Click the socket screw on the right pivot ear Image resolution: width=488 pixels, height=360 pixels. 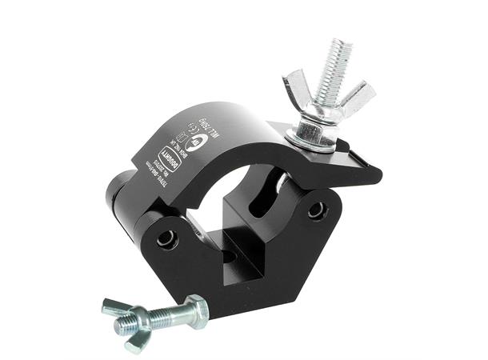click(x=318, y=210)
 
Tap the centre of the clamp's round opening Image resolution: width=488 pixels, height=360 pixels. click(x=232, y=192)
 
